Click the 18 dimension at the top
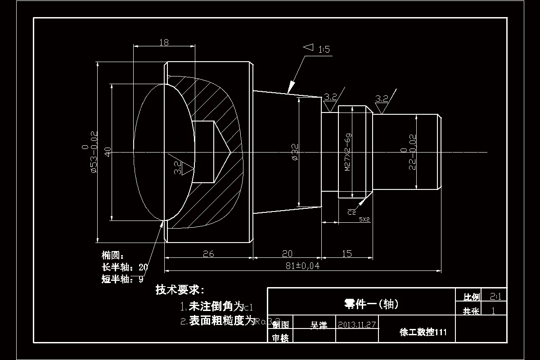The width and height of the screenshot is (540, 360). coord(164,42)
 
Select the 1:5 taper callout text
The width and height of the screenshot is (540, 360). coord(324,49)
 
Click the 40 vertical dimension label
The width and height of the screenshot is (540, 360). coord(107,152)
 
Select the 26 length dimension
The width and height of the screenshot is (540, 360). coord(208,254)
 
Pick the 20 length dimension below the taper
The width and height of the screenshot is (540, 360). coord(287,254)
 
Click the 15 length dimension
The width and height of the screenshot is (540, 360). coord(347,254)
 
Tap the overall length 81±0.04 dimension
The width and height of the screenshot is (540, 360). coord(302,265)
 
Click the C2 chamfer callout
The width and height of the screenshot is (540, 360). coord(351,211)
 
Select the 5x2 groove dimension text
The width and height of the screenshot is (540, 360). coord(364,220)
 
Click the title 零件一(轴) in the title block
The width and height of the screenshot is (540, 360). coord(371,304)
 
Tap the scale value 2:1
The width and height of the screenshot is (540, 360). coord(495,297)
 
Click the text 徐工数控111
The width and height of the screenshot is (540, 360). coord(423,333)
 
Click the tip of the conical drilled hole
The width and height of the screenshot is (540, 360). coord(230,152)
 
